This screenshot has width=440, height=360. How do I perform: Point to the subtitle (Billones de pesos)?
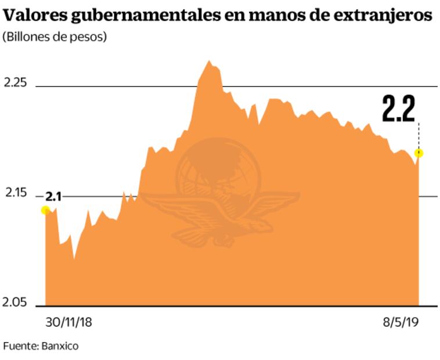55,37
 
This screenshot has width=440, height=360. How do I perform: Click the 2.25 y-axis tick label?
16,83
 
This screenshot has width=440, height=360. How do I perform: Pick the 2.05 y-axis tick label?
16,303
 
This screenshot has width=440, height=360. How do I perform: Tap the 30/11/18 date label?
68,322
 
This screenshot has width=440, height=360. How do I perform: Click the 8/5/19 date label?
401,322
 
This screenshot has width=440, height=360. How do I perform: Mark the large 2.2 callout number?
398,109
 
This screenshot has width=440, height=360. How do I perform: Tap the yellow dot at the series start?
45,210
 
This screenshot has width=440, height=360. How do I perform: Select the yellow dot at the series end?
419,153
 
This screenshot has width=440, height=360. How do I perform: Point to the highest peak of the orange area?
209,61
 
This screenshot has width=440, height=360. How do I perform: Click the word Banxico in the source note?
60,346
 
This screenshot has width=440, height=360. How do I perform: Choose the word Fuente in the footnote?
20,346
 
